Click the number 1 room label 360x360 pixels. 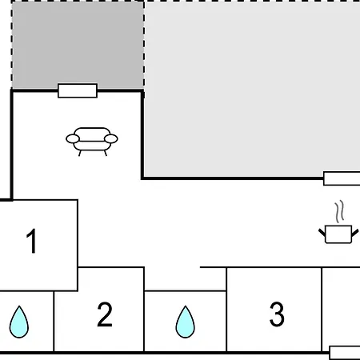pos(31,241)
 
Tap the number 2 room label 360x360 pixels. pos(105,314)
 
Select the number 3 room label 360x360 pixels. pos(277,314)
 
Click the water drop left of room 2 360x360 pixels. pos(19,322)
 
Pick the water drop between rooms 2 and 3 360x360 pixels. pos(185,322)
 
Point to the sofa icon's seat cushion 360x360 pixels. pos(91,146)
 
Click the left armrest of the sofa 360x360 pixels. pos(73,139)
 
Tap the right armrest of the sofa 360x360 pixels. pos(111,139)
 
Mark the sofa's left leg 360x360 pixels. pos(80,153)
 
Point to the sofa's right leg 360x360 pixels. pos(106,153)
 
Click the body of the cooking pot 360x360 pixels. pos(338,234)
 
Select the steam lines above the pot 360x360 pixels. pos(339,212)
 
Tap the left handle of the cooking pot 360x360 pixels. pos(322,233)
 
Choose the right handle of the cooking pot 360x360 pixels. pos(355,233)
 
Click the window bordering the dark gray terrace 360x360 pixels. pos(78,90)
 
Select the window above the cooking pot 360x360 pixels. pos(342,178)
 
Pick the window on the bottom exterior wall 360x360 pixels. pos(345,353)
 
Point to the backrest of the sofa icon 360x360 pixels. pos(92,134)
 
